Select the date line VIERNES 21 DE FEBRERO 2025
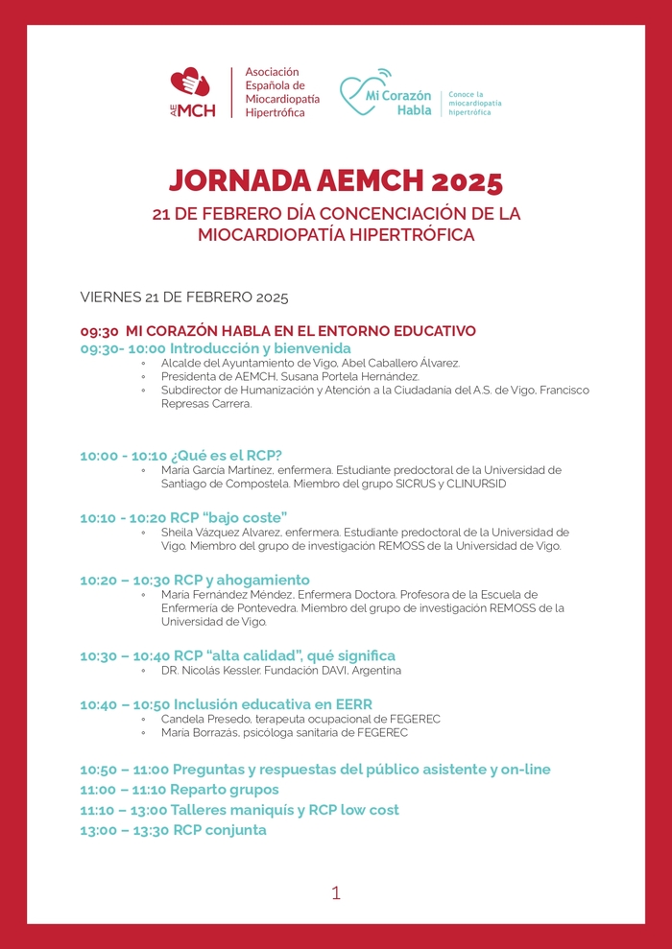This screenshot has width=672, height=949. tap(184, 297)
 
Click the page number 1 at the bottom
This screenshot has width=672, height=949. tap(336, 892)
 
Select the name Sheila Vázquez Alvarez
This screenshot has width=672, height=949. tap(219, 532)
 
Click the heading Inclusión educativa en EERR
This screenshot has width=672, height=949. tap(273, 704)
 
